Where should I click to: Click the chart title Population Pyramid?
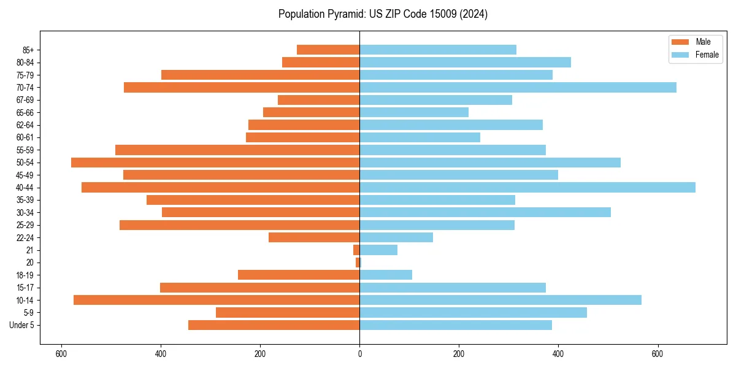click(x=383, y=14)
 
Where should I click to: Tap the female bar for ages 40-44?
click(x=527, y=188)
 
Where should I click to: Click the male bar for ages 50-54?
click(x=215, y=163)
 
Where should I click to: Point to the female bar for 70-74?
click(x=518, y=87)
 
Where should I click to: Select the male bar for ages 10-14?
click(x=217, y=300)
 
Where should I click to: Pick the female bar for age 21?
click(x=378, y=250)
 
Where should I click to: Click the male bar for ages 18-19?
click(x=299, y=275)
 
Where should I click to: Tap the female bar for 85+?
click(x=438, y=50)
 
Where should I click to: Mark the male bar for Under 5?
click(x=274, y=325)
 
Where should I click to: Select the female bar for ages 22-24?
click(x=396, y=237)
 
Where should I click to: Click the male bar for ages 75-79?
click(x=260, y=75)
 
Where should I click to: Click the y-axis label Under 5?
click(x=22, y=325)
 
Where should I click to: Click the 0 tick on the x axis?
click(x=359, y=354)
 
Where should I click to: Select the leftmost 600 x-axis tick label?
click(x=61, y=354)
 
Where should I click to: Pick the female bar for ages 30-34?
click(x=485, y=212)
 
